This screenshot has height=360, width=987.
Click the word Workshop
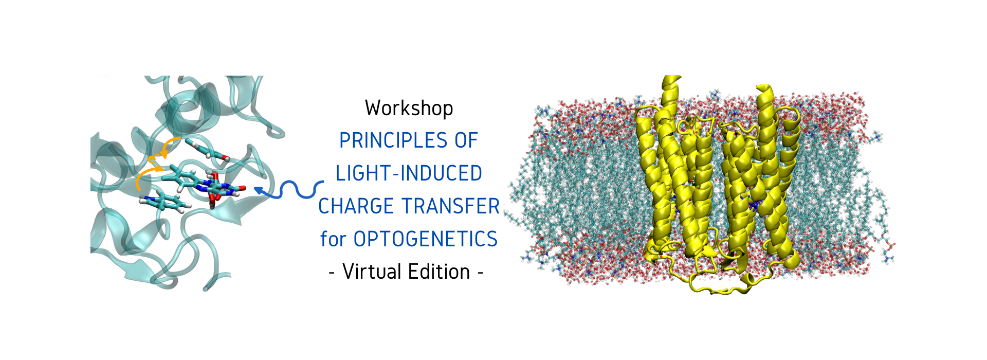(x=409, y=109)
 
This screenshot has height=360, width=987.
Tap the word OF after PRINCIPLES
(x=466, y=140)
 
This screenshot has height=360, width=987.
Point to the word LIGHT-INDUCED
(x=409, y=173)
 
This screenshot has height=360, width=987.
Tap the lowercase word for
(x=334, y=239)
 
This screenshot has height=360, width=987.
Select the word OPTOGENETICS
(x=426, y=239)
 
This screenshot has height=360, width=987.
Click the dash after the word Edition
(x=480, y=273)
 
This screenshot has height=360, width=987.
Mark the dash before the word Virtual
(x=333, y=273)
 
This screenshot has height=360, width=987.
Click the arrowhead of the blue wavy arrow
(x=260, y=191)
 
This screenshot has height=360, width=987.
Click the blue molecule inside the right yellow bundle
(x=754, y=206)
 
